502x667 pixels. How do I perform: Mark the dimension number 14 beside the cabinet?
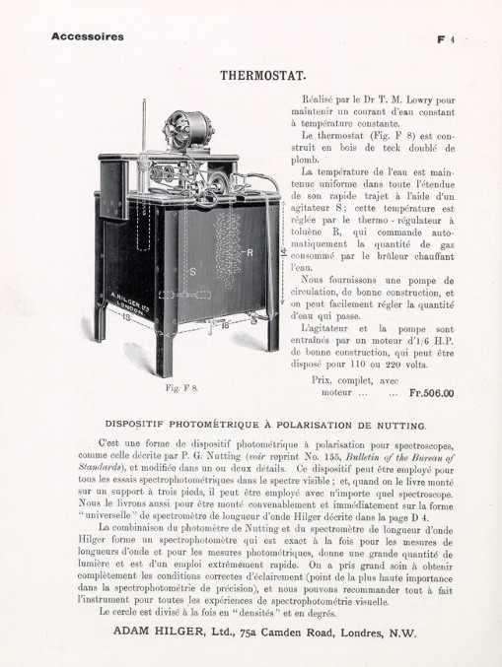click(284, 254)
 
